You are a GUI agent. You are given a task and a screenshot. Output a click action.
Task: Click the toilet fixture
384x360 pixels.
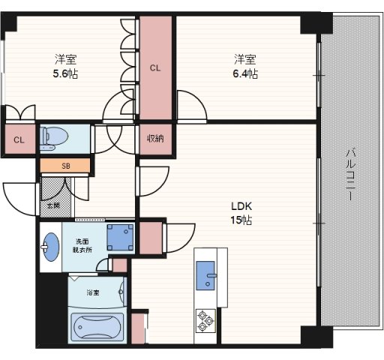click(54, 138)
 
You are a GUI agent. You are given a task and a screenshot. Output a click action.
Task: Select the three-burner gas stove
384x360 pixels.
click(205, 321)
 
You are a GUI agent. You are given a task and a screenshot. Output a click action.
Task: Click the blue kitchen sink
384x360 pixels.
click(205, 275)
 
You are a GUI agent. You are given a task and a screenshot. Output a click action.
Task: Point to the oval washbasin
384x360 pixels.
click(51, 247)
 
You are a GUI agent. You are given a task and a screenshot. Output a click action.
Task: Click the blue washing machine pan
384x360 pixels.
click(120, 237)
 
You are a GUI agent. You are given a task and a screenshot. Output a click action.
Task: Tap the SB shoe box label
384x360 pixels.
click(66, 166)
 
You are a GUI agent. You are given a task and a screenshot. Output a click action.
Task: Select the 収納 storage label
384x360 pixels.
click(155, 138)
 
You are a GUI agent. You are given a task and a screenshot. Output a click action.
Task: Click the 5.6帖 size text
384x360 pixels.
click(65, 73)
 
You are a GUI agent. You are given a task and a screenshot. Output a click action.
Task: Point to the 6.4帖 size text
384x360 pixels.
click(245, 73)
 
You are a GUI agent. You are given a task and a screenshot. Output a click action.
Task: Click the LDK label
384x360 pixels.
click(241, 206)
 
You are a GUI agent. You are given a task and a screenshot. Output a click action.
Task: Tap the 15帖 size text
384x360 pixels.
click(241, 220)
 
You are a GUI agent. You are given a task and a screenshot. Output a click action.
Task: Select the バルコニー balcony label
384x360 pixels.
click(351, 175)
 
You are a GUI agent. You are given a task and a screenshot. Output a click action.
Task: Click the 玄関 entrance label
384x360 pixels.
click(54, 205)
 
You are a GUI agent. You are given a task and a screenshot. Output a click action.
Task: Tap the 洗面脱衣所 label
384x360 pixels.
click(82, 246)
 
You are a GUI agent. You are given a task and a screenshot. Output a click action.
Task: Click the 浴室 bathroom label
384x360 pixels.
click(93, 292)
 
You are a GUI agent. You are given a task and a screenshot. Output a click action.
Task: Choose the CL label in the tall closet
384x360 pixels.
click(155, 68)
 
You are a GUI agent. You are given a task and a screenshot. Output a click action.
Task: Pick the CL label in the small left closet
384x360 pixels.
click(19, 140)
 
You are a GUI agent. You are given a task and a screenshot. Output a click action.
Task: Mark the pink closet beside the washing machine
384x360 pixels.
click(151, 238)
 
